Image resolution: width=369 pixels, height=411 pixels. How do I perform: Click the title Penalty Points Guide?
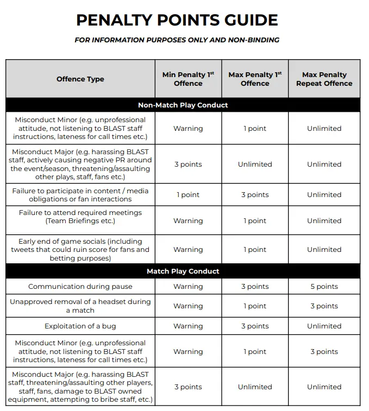click(x=177, y=20)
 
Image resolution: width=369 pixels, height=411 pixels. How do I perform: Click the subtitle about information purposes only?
click(x=177, y=40)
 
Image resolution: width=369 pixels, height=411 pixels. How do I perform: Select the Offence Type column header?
click(x=80, y=79)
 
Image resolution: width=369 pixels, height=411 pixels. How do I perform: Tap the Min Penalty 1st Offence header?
click(x=188, y=79)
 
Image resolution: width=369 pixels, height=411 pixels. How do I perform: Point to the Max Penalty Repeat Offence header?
click(x=324, y=79)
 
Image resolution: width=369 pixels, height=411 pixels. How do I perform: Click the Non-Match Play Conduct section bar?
click(x=183, y=105)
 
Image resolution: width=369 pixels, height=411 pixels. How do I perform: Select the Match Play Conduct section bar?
click(x=183, y=271)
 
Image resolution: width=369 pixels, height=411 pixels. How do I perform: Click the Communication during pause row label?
click(x=80, y=286)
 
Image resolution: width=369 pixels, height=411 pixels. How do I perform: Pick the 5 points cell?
click(x=324, y=286)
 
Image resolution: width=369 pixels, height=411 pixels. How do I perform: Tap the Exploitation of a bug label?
click(x=80, y=326)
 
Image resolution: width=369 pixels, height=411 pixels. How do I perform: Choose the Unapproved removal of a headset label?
click(x=80, y=306)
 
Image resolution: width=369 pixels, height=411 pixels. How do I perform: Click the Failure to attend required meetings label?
click(x=80, y=217)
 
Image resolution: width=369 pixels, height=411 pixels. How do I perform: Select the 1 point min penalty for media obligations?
click(x=188, y=194)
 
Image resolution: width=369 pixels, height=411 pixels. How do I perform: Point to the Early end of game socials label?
click(x=80, y=249)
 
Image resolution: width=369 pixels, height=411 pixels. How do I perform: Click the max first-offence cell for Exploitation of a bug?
click(x=255, y=326)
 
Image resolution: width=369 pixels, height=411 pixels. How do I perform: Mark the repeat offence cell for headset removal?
click(x=324, y=306)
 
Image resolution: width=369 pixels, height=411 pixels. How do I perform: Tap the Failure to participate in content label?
click(x=80, y=194)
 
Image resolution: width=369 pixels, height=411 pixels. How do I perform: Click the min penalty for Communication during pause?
click(x=188, y=286)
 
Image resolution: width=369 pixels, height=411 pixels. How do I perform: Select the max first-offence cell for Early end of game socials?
click(x=255, y=249)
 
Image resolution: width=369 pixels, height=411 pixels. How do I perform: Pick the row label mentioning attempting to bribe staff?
click(x=80, y=387)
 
